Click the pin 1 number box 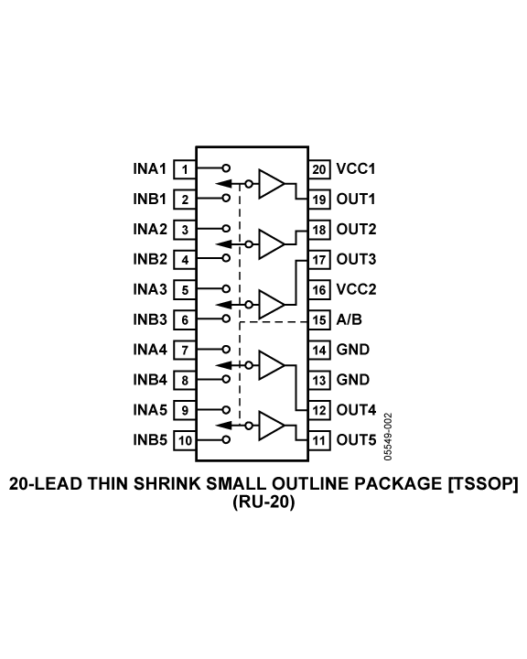[x=185, y=169]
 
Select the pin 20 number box [x=319, y=169]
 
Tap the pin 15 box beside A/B [x=319, y=320]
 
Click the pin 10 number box [x=185, y=440]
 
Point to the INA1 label [x=150, y=169]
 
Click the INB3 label [x=150, y=319]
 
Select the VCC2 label [x=357, y=289]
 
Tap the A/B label [x=350, y=319]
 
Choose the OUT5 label [x=357, y=440]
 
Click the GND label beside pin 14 [x=353, y=350]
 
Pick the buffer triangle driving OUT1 [x=272, y=184]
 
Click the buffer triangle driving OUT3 [x=272, y=304]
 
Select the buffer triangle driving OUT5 [x=272, y=426]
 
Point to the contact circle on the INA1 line [x=226, y=168]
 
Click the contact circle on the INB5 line [x=226, y=439]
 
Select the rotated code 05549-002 [x=388, y=437]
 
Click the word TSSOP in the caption [x=482, y=484]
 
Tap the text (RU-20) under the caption [x=263, y=502]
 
